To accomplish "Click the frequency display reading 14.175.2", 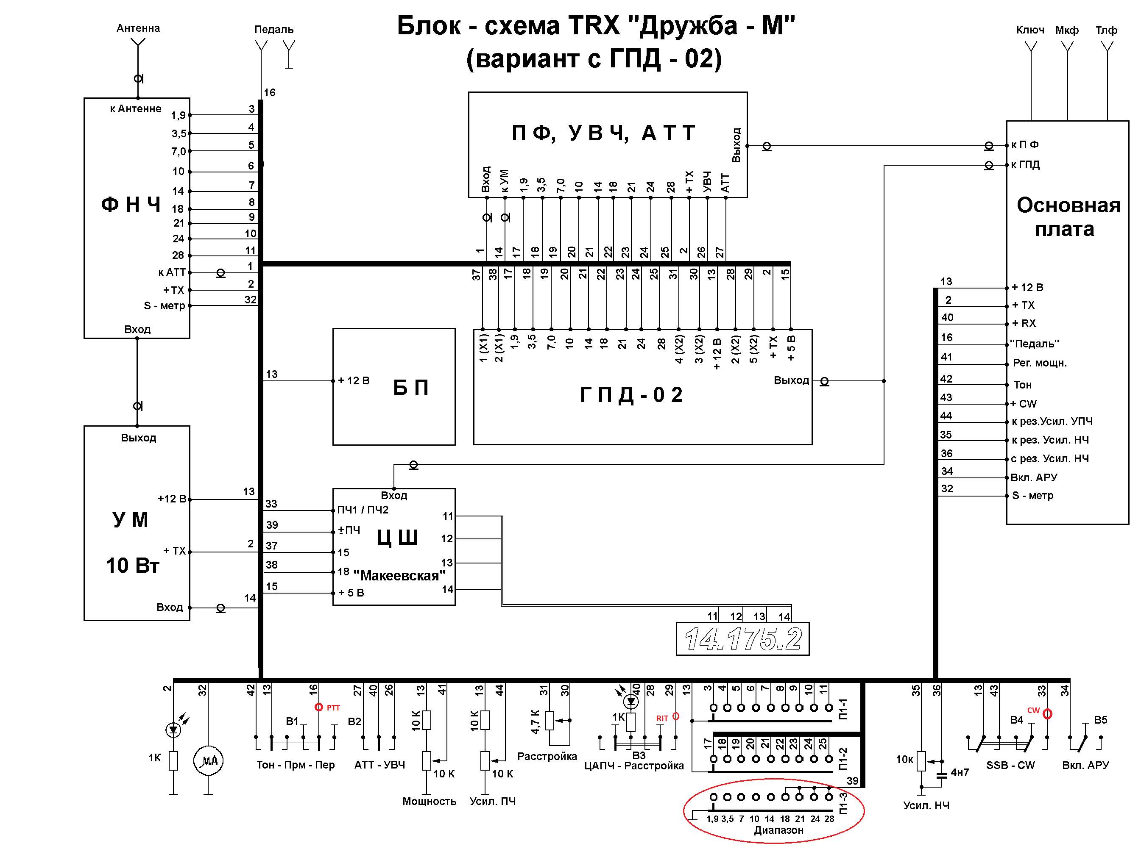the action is (742, 639).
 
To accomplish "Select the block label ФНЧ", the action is (131, 205).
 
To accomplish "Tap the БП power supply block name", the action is (410, 387).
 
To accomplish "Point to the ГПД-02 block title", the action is (631, 395).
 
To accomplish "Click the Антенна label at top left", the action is (138, 28).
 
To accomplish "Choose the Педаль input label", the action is (273, 30).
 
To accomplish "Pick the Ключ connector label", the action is (1030, 30).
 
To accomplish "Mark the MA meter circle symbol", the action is (208, 760).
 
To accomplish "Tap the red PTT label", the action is (333, 707).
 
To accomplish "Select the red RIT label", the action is (662, 719).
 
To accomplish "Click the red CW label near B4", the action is (1033, 710).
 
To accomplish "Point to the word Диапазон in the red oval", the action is (778, 830).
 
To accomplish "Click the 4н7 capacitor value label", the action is (960, 772).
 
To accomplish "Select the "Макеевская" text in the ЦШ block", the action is (399, 576).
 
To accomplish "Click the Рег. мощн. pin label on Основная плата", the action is (1040, 363).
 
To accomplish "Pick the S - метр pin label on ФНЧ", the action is (164, 306).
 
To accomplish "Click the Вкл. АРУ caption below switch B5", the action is (1085, 765).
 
